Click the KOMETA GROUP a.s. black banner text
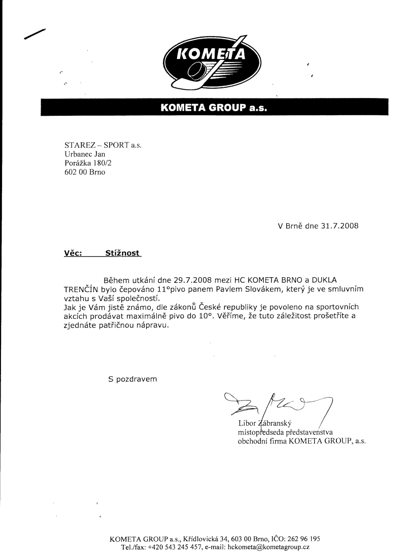(213, 108)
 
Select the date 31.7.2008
(340, 226)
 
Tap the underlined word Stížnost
(123, 252)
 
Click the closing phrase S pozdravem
(133, 379)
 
